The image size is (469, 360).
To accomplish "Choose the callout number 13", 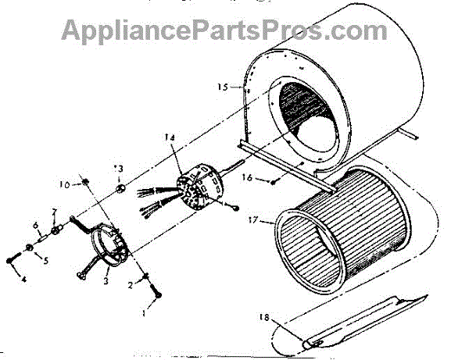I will (120, 168).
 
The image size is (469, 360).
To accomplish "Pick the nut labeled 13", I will (120, 188).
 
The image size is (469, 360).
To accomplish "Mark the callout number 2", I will (130, 285).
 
